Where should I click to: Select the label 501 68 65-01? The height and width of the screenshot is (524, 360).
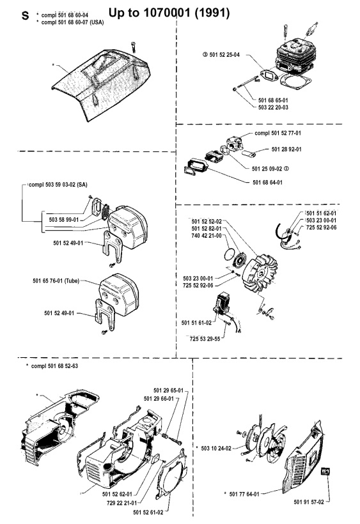pyautogui.click(x=276, y=100)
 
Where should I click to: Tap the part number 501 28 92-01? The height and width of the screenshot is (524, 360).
pyautogui.click(x=287, y=150)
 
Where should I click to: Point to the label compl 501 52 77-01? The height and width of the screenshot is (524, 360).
pyautogui.click(x=282, y=134)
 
